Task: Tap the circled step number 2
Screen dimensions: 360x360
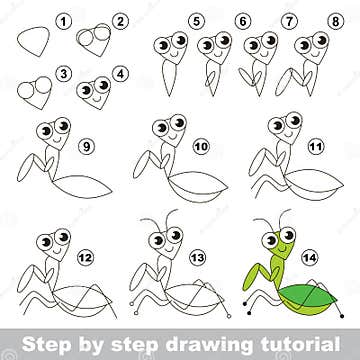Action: (x=122, y=19)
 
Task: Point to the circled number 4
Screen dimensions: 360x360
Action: (x=122, y=73)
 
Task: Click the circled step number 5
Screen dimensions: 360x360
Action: (x=198, y=19)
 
